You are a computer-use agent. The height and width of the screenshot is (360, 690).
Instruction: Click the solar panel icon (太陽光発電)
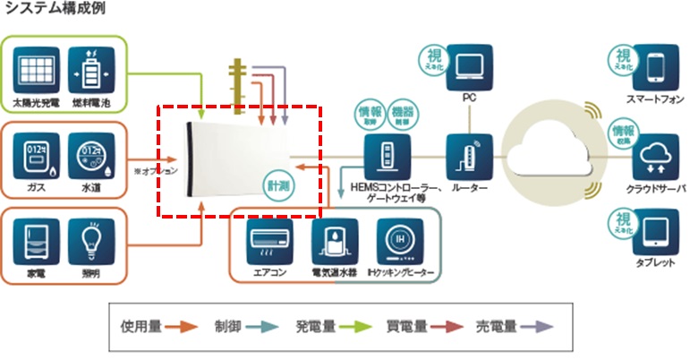pyautogui.click(x=38, y=68)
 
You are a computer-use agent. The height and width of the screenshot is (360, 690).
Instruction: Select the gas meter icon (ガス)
pyautogui.click(x=38, y=154)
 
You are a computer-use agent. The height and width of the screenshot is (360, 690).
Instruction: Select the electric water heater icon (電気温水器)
pyautogui.click(x=335, y=238)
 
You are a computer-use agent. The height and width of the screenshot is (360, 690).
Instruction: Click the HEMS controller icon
pyautogui.click(x=387, y=156)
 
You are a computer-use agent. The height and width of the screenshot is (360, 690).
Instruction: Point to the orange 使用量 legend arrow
pyautogui.click(x=183, y=326)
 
